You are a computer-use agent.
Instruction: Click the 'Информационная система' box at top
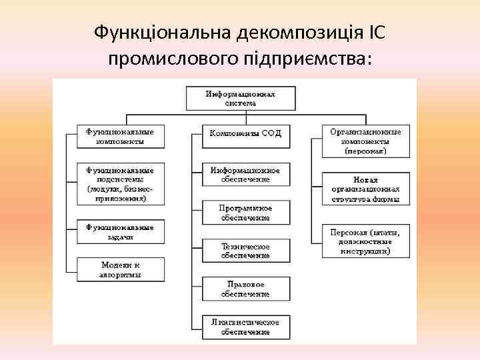click(x=240, y=99)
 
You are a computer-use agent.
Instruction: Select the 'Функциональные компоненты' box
click(x=119, y=136)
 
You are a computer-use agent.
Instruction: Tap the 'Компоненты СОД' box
click(x=245, y=134)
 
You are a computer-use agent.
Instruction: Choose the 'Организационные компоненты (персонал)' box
click(x=365, y=141)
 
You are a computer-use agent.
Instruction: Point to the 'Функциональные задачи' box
click(x=119, y=232)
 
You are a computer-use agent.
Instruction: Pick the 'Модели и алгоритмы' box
click(x=119, y=269)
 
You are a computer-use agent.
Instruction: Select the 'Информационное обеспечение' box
click(x=245, y=175)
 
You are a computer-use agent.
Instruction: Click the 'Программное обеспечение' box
click(x=245, y=213)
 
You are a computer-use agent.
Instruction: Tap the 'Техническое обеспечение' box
click(x=245, y=251)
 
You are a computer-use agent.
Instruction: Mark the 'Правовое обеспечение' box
click(x=245, y=289)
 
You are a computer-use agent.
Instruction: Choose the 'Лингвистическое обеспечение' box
click(x=245, y=327)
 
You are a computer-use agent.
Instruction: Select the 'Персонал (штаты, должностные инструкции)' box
click(x=365, y=241)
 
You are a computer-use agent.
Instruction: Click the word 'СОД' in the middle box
click(x=271, y=134)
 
